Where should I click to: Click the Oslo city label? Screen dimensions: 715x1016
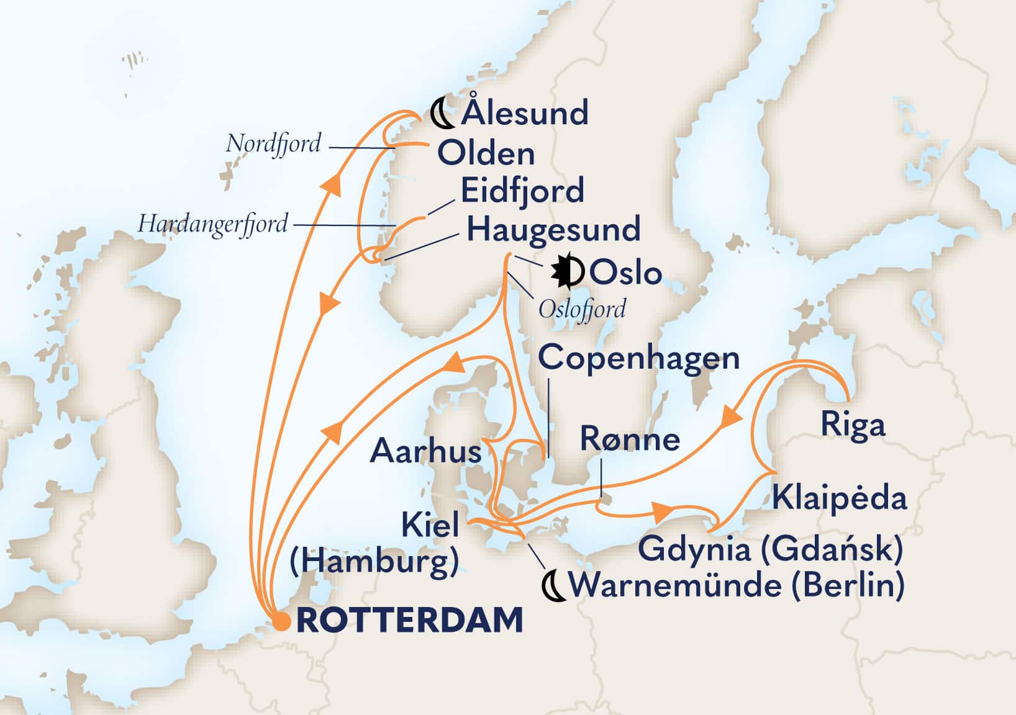click(x=625, y=273)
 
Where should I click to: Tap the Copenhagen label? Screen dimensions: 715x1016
click(x=638, y=359)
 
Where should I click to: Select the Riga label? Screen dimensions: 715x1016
click(x=853, y=426)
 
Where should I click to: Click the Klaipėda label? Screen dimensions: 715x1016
click(x=840, y=498)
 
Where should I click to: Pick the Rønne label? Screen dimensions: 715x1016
click(x=630, y=439)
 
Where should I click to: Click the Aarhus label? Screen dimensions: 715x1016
click(x=426, y=451)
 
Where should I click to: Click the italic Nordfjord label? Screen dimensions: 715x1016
click(x=273, y=143)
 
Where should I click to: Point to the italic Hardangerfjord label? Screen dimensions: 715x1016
click(x=213, y=223)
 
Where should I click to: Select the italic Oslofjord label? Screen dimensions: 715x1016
click(x=582, y=308)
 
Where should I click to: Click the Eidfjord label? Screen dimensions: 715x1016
click(x=522, y=191)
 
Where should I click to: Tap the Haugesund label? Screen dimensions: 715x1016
click(x=553, y=230)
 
